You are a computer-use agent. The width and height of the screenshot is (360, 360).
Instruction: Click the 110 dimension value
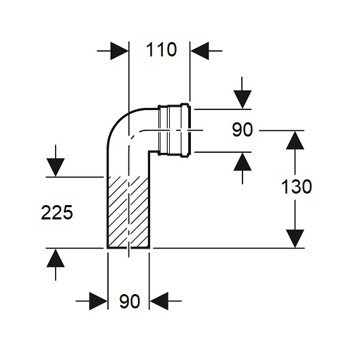161,50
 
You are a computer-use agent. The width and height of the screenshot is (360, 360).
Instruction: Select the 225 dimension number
56,213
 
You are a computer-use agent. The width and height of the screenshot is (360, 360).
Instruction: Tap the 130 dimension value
296,186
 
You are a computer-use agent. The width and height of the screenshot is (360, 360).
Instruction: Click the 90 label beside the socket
242,130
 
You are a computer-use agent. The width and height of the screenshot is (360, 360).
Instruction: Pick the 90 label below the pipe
130,301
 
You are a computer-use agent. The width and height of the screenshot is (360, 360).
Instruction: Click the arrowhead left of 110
120,51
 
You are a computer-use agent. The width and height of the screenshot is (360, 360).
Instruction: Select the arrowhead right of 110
200,51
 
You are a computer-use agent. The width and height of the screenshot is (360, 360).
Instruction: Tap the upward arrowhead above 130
295,141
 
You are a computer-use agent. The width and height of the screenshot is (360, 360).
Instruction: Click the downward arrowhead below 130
295,239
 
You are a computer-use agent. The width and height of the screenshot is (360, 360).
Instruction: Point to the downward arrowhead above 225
55,168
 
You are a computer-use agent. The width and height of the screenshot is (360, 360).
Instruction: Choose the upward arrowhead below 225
55,258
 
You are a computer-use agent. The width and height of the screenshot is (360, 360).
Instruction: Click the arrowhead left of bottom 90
98,301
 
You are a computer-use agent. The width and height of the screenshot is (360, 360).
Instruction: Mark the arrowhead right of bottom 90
159,301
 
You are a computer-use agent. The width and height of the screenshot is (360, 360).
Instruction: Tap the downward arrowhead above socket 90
242,99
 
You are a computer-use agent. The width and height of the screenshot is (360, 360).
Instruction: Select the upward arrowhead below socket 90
242,162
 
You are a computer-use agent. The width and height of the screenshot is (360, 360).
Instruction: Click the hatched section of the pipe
128,212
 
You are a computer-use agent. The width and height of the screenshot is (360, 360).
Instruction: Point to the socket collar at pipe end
174,130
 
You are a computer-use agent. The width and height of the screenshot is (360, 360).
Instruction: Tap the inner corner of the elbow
149,151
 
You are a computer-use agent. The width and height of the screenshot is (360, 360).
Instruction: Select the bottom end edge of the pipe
128,248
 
